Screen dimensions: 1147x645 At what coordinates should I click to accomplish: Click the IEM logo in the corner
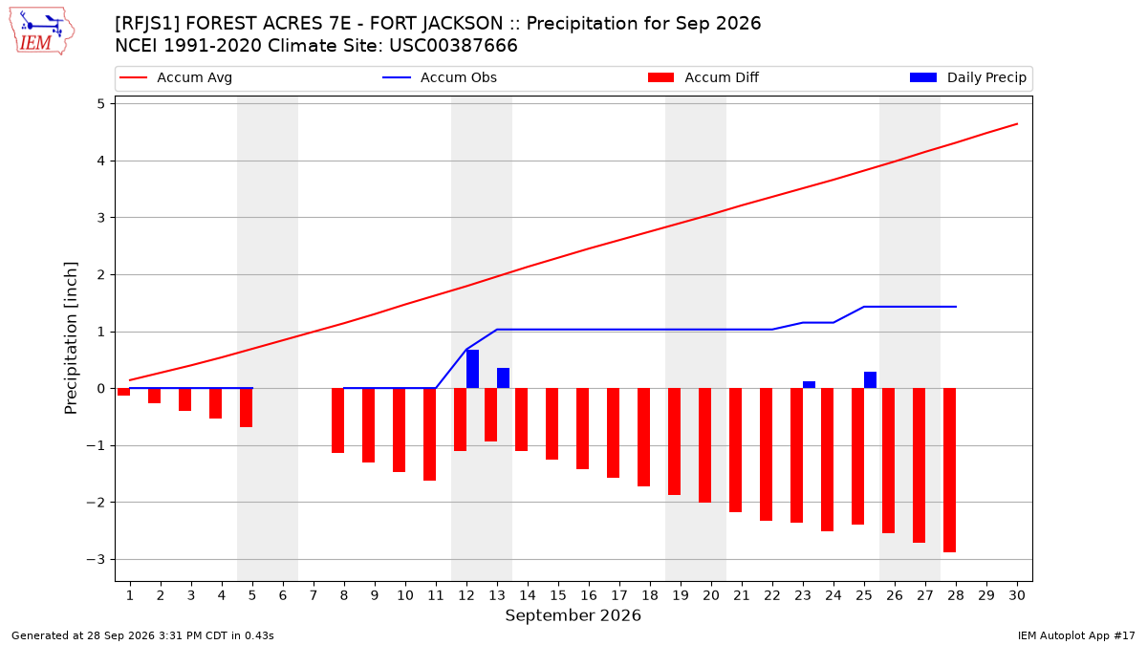tap(42, 32)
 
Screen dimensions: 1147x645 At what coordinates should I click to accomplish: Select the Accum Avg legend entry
tap(176, 77)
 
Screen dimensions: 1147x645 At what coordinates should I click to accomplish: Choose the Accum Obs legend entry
tap(440, 77)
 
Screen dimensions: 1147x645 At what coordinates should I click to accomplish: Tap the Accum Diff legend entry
tap(703, 77)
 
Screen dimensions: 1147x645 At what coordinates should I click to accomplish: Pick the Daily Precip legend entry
tap(967, 77)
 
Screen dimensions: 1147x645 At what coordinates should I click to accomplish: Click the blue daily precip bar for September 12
tap(472, 369)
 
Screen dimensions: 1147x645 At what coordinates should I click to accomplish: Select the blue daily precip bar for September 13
tap(504, 378)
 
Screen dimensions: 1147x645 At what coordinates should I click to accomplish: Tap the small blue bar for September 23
tap(809, 385)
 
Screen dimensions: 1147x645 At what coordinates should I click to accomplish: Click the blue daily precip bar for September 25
tap(871, 380)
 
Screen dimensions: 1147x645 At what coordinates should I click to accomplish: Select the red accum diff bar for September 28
tap(950, 470)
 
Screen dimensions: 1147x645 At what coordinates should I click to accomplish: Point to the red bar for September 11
tap(429, 434)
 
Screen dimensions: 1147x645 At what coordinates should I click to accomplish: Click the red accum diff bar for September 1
tap(124, 392)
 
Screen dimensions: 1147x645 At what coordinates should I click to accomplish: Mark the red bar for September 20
tap(705, 445)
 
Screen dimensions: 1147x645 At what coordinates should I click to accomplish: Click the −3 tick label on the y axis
tap(96, 560)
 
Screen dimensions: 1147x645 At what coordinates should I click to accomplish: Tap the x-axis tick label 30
tap(1017, 595)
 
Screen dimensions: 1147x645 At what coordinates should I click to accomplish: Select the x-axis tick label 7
tap(314, 595)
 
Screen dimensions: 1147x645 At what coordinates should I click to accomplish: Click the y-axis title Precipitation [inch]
tap(71, 338)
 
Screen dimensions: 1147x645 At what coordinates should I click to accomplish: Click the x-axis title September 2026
tap(573, 615)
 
